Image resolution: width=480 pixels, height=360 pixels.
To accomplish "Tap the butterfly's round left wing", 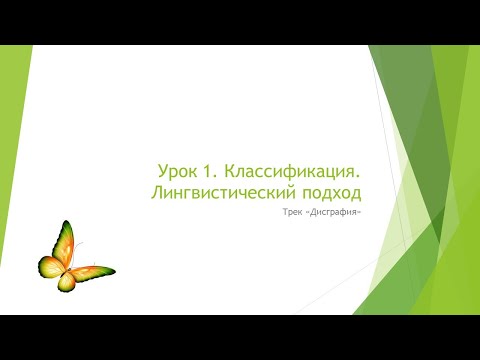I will (x=51, y=266).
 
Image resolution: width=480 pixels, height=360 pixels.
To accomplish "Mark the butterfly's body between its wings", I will (x=70, y=268).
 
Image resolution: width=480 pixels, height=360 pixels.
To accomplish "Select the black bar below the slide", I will (x=240, y=337).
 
